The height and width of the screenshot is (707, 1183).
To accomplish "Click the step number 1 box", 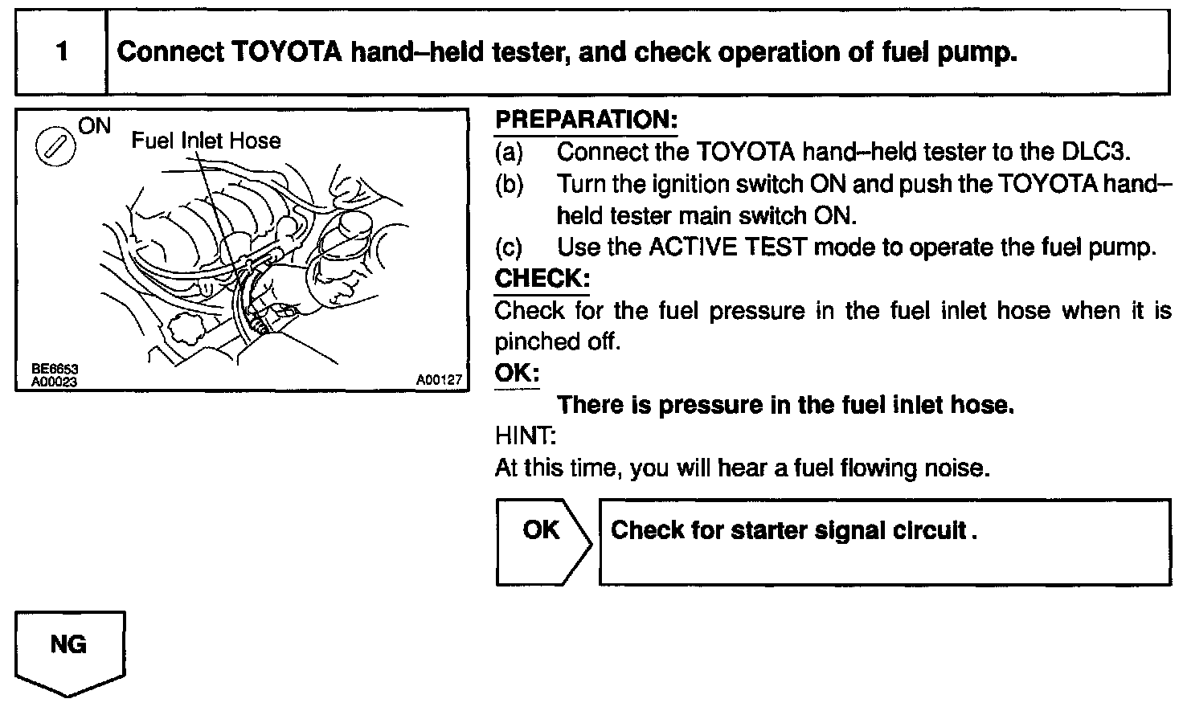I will tap(62, 53).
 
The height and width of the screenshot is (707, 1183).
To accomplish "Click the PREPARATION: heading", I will tap(586, 121).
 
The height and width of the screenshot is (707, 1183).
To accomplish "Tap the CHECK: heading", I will tap(542, 279).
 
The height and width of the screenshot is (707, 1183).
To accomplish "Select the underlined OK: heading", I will tap(517, 374).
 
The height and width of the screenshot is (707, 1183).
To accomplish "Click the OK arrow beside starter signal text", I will tap(542, 531).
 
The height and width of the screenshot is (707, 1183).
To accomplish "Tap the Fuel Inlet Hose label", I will tap(206, 141).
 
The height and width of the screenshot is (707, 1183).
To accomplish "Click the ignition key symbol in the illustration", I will tap(54, 149).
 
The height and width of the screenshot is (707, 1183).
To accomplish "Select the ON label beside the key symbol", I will tap(94, 126).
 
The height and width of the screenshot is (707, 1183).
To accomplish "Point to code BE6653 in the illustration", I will tap(54, 370).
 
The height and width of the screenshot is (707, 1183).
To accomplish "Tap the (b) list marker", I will tap(509, 184).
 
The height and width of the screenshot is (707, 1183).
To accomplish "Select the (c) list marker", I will tap(509, 247).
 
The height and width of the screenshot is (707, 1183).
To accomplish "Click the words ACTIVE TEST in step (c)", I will tap(727, 247).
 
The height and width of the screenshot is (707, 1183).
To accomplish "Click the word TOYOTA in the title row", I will tap(289, 53).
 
